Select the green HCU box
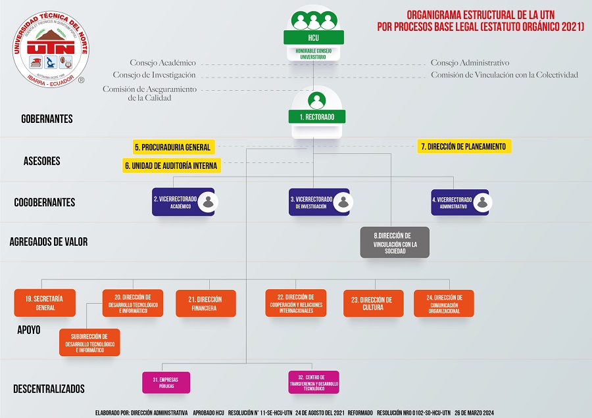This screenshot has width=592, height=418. point(313,37)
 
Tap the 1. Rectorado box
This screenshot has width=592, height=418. point(316,117)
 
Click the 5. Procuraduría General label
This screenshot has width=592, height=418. point(173,147)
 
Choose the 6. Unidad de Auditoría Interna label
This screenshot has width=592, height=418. point(172,166)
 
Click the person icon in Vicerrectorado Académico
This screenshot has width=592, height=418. point(209,202)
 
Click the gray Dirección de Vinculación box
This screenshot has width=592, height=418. point(395,243)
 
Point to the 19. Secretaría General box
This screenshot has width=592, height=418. point(45,303)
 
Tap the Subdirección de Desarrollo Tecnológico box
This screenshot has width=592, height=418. point(89,342)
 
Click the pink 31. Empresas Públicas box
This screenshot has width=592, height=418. point(166,383)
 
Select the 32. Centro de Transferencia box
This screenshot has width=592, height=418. point(314,383)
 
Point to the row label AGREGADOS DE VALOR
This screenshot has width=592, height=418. point(49,242)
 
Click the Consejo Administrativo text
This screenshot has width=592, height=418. point(470,63)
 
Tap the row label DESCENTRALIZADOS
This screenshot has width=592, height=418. point(49,389)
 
